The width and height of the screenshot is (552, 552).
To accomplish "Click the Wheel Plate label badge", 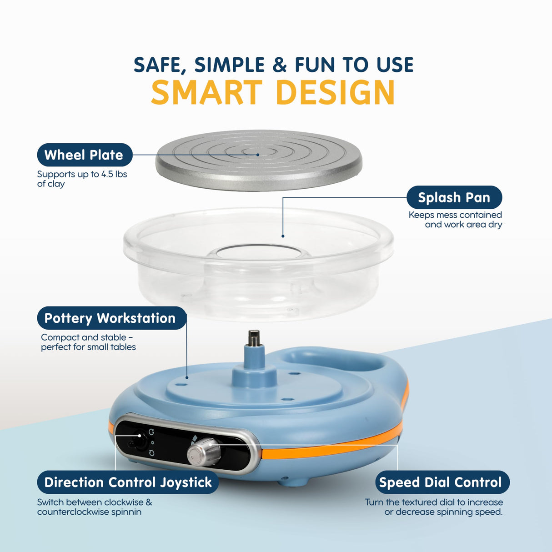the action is click(x=85, y=155).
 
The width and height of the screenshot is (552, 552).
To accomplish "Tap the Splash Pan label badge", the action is click(x=454, y=197).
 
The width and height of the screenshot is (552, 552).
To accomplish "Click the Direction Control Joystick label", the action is click(x=128, y=482).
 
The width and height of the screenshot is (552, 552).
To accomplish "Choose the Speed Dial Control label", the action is click(x=442, y=482).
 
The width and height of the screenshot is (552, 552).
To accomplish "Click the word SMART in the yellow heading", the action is click(x=206, y=92).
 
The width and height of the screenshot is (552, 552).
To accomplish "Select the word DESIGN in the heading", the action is click(x=336, y=92).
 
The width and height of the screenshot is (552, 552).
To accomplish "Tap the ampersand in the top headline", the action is click(x=280, y=65).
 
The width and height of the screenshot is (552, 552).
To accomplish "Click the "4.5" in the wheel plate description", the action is click(x=108, y=174).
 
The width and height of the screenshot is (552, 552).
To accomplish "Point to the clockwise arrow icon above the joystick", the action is click(x=151, y=432).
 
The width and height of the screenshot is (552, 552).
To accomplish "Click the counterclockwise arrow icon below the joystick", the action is click(x=151, y=453).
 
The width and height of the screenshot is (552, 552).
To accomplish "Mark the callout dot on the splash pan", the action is click(x=283, y=236).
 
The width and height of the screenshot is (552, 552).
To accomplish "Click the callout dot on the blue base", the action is click(x=187, y=377).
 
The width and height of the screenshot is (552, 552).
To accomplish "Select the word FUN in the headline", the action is click(x=315, y=65).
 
